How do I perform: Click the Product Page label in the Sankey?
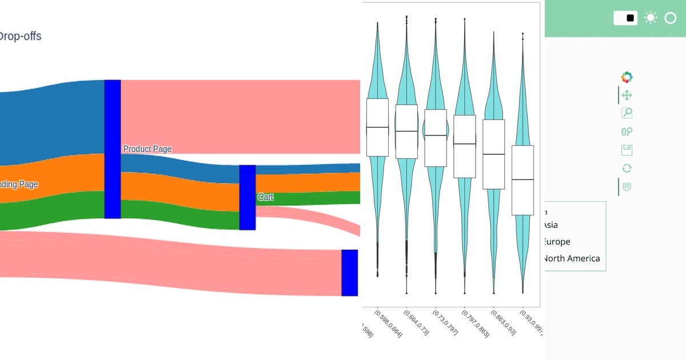(147, 149)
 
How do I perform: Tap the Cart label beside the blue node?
(265, 197)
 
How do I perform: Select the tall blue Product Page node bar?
(113, 149)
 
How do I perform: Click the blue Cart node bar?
(247, 197)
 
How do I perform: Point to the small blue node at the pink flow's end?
(349, 273)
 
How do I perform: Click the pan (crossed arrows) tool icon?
(627, 95)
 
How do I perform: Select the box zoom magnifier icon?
(627, 113)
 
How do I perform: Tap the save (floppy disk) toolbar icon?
(627, 150)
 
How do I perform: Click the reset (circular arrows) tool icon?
(627, 168)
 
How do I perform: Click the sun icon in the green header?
(650, 18)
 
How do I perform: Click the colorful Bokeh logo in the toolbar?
(627, 77)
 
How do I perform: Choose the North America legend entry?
(572, 258)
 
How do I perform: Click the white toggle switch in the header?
(625, 18)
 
